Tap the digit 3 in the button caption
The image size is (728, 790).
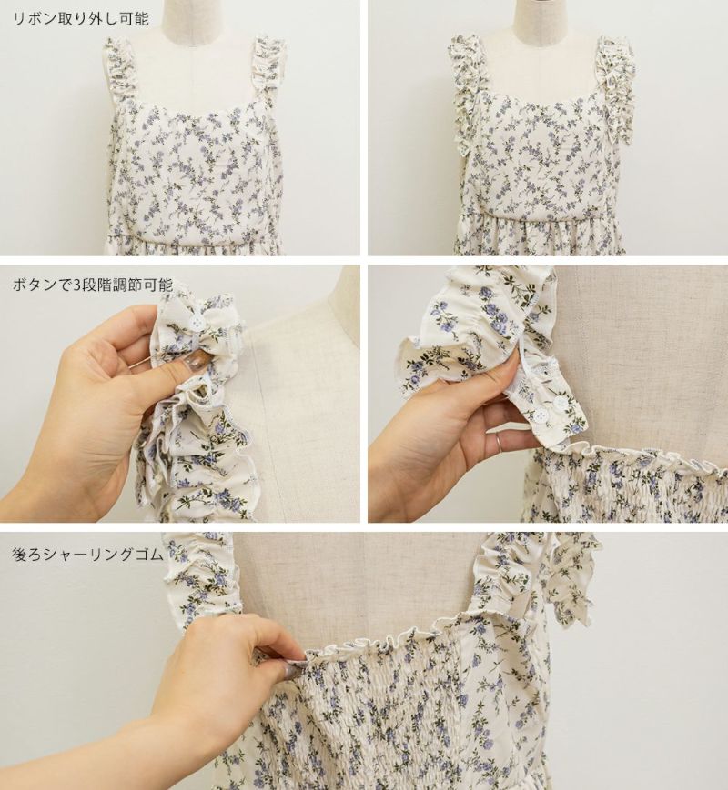(x=76, y=285)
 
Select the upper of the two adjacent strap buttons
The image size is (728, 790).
(x=560, y=403)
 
